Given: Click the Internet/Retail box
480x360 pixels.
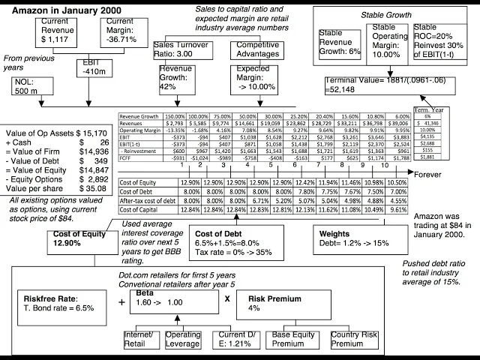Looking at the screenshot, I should [x=140, y=339].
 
